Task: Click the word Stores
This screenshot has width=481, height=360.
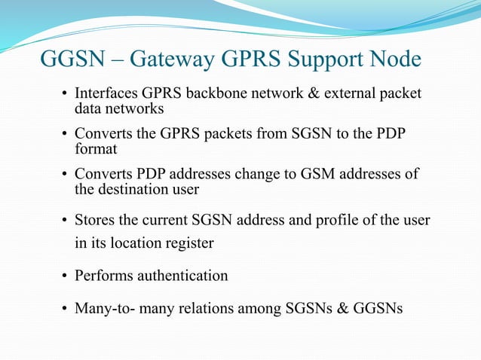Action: point(93,221)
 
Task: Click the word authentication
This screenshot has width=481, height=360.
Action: point(182,276)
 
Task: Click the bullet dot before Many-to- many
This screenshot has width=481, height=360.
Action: point(66,309)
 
